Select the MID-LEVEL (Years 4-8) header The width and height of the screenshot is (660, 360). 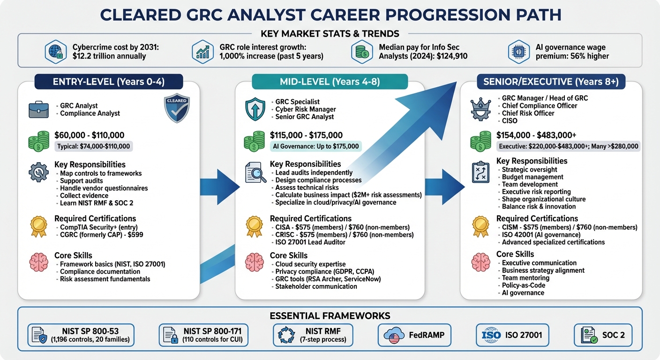(330, 82)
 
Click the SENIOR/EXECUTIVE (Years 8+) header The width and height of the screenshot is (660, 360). (551, 82)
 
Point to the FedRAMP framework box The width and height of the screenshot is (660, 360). (414, 335)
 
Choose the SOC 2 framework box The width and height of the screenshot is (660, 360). (603, 335)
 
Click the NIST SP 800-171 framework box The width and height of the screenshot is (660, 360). (203, 335)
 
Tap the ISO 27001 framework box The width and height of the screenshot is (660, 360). (512, 335)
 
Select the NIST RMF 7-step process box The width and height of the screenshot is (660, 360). (313, 335)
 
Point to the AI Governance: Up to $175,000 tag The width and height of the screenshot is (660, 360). (315, 146)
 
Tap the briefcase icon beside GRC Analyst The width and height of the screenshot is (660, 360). (38, 110)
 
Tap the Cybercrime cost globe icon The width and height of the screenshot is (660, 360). (55, 52)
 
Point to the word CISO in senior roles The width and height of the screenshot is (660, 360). (510, 120)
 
